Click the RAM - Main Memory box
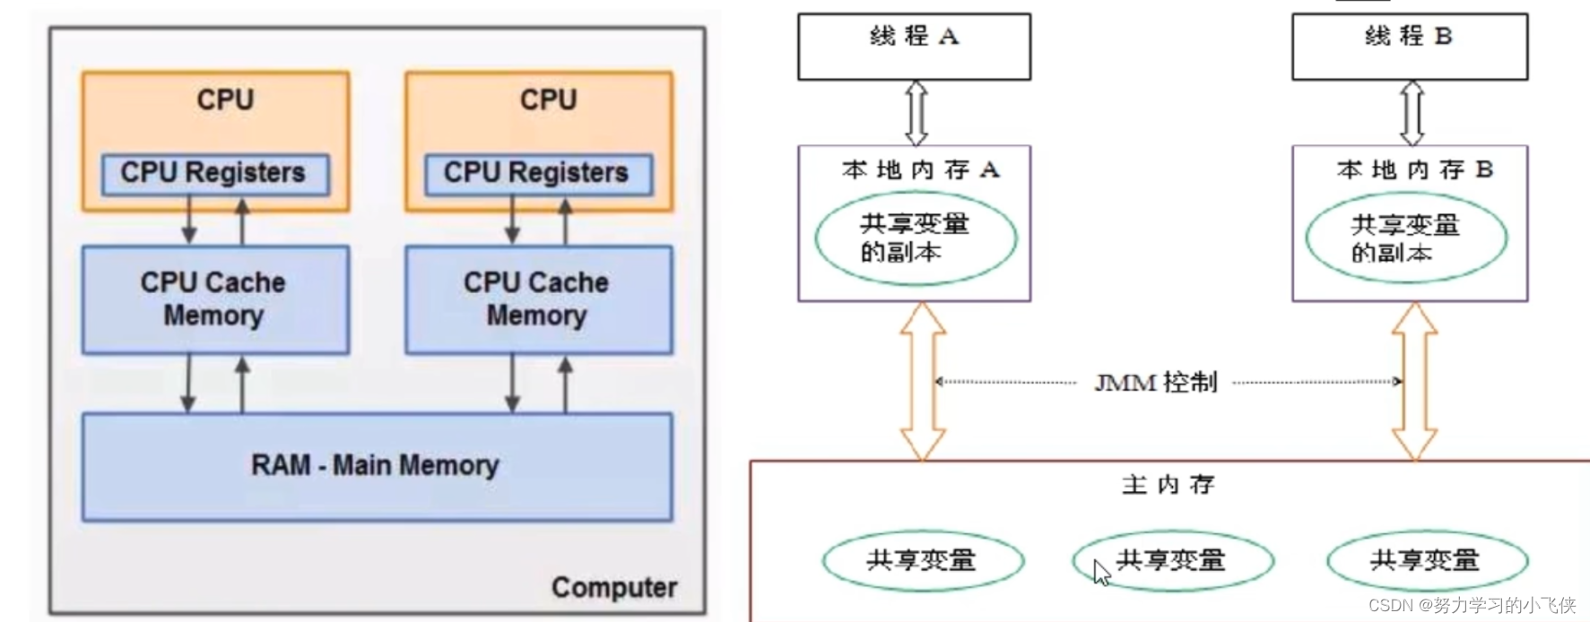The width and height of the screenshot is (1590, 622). [377, 466]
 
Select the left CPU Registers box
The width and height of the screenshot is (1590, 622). [215, 173]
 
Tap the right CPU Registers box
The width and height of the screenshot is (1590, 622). [537, 173]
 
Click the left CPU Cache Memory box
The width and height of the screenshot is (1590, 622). [214, 299]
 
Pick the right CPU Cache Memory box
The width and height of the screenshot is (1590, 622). [537, 299]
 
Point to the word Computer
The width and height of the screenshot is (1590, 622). [614, 587]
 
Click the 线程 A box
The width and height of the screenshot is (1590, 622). [914, 47]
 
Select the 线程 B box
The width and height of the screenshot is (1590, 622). [1409, 47]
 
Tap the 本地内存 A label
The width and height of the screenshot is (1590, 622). [920, 169]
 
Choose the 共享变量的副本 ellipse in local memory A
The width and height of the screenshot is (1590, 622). [916, 238]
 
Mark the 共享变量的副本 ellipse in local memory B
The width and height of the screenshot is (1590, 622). [1406, 238]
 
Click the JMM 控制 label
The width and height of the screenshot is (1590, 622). [1156, 383]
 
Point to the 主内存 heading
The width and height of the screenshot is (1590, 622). [1168, 485]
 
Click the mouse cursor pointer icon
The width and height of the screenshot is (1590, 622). [1101, 572]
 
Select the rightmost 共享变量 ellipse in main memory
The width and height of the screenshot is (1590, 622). [1427, 561]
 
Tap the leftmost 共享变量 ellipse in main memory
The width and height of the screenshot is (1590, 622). [923, 561]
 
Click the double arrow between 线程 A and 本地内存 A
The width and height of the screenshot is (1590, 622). [917, 113]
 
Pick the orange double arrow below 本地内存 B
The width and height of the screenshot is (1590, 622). [1414, 381]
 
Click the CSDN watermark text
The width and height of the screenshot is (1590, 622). [1471, 606]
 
